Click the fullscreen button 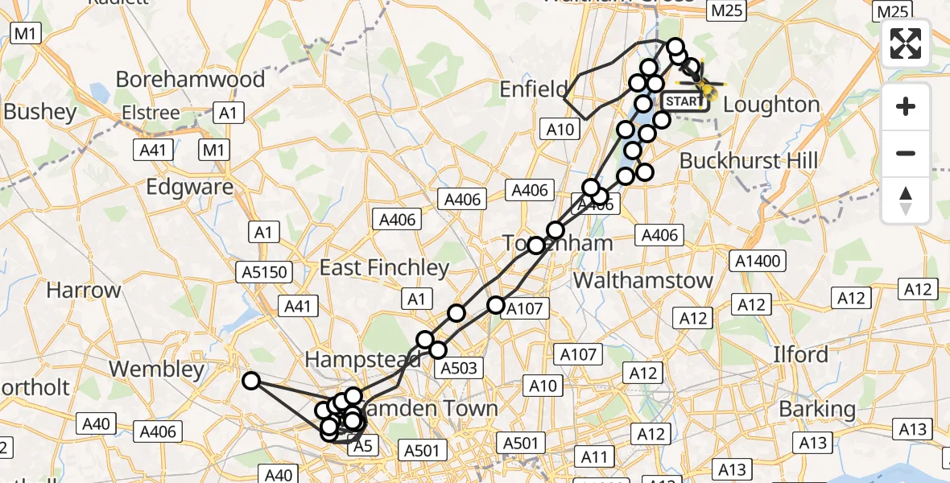(x=906, y=43)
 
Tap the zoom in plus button (x=906, y=106)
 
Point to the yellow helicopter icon (x=703, y=85)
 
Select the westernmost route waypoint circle (x=252, y=381)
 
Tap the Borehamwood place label (x=190, y=80)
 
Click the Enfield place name (x=534, y=89)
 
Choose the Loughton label (x=771, y=105)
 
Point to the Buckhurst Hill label (x=749, y=160)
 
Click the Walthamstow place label (x=642, y=280)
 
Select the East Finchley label (x=384, y=267)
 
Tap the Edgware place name (x=190, y=188)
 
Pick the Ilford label (x=800, y=354)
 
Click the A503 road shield (x=458, y=369)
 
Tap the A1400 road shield (x=758, y=261)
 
